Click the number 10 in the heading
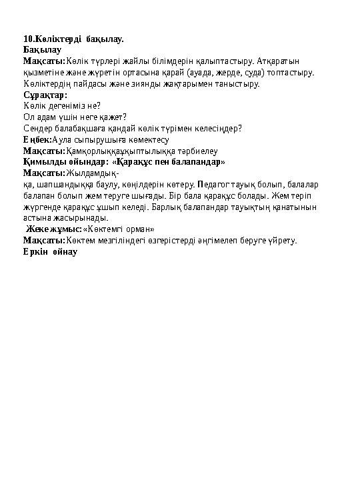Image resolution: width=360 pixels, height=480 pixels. point(27,39)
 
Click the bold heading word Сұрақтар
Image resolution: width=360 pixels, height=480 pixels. point(41,95)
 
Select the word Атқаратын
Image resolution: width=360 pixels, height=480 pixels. point(278,61)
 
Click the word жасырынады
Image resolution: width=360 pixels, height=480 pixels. point(79,217)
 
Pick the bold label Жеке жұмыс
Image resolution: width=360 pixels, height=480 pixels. point(54,229)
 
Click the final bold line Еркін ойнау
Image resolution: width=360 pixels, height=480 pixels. point(51,251)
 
